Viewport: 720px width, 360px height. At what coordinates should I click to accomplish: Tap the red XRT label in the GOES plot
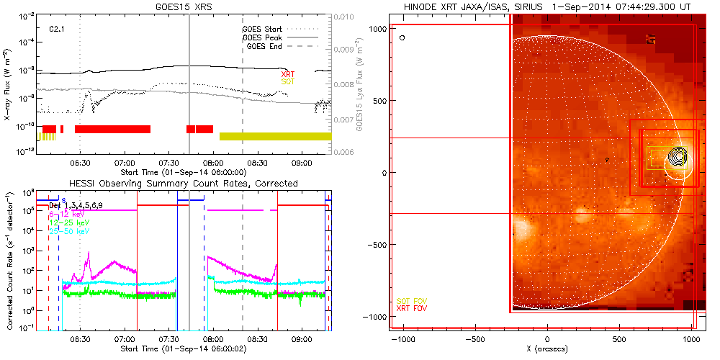[x=287, y=74]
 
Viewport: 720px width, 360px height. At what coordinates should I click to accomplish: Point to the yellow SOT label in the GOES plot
[x=287, y=82]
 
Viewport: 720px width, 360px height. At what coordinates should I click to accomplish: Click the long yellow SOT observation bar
[x=275, y=136]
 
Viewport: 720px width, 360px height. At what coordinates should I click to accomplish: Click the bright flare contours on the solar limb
[x=676, y=156]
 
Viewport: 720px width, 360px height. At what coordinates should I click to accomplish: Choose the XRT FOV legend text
[x=412, y=308]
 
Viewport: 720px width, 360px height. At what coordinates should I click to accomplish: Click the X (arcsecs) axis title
[x=548, y=348]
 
